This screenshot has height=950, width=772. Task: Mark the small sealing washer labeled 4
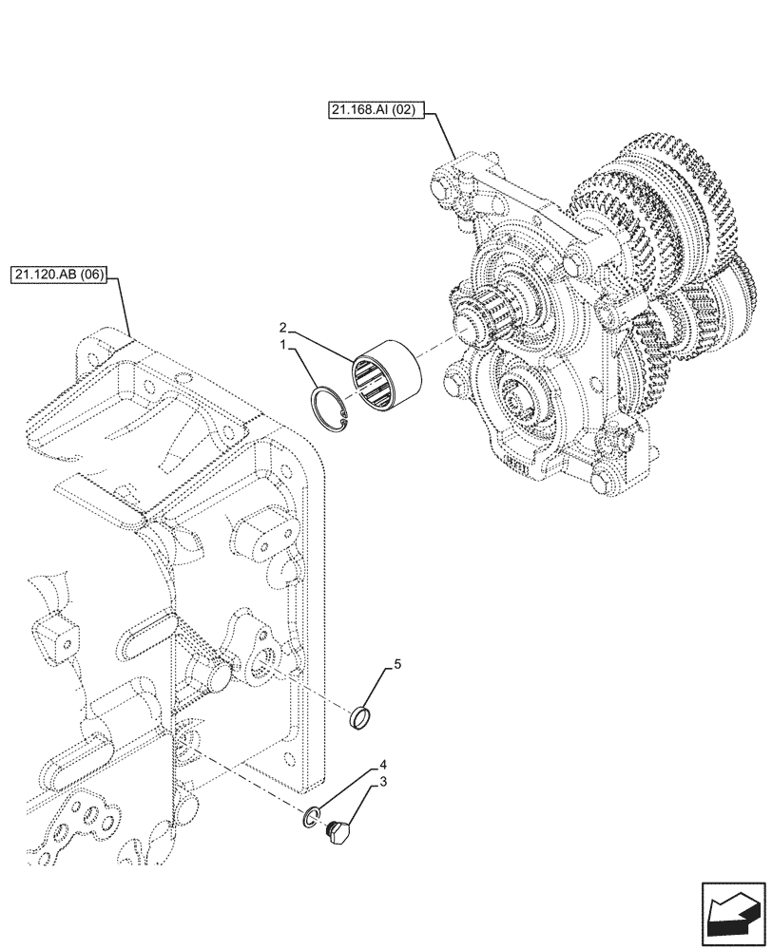coord(314,816)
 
